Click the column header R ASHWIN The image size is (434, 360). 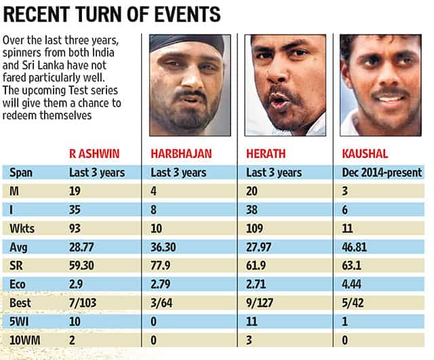96,153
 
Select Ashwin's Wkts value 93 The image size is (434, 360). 75,225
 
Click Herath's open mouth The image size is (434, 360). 279,100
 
